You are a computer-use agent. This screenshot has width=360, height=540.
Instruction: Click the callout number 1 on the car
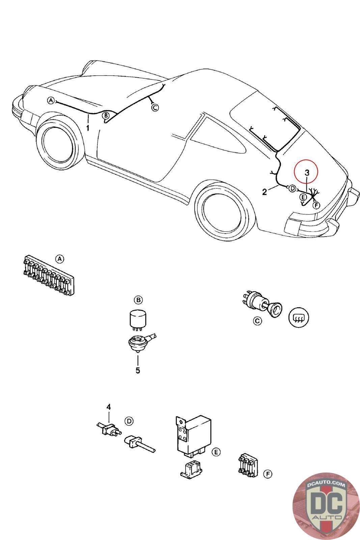tap(88, 128)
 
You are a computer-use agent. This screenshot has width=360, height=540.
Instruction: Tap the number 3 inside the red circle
tap(307, 172)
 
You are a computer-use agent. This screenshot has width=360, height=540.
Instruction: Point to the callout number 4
tap(109, 407)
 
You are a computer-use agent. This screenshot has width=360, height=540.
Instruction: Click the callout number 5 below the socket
tap(138, 370)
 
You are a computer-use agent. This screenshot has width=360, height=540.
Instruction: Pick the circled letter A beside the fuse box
tap(59, 259)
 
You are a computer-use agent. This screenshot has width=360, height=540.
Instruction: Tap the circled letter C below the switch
tap(257, 321)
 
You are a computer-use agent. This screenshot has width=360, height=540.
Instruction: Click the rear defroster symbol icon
tap(299, 318)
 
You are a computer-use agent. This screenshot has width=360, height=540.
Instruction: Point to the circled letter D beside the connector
tap(129, 421)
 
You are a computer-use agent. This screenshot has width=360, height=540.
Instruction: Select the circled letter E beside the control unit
tap(217, 452)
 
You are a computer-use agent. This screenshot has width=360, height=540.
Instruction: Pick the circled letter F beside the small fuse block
tap(268, 474)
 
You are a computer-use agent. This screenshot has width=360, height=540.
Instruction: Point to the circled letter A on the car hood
tap(51, 100)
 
